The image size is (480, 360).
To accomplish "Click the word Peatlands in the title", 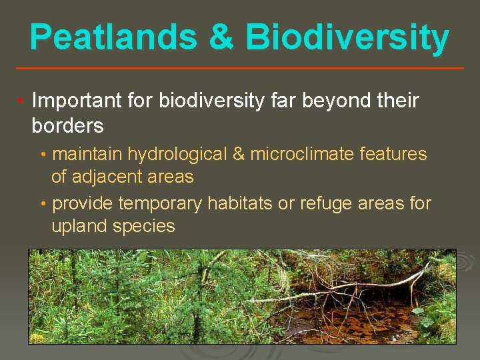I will point(113,37).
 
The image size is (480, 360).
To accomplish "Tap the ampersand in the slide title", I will point(221,37).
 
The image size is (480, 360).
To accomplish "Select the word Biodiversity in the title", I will point(347,37).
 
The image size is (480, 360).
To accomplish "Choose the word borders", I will point(67,125).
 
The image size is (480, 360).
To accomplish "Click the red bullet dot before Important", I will point(21,101).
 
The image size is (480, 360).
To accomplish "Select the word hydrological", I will point(177,154).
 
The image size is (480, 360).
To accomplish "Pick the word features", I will point(393,154).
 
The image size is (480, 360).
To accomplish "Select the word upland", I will point(79,226).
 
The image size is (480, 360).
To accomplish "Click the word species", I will point(144,226).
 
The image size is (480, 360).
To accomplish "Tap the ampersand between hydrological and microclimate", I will point(239,154).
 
